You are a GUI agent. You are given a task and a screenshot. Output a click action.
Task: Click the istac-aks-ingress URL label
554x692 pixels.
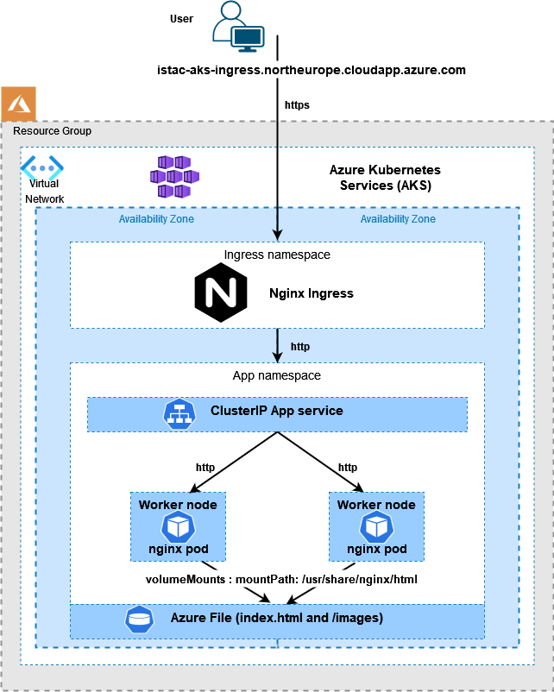312,70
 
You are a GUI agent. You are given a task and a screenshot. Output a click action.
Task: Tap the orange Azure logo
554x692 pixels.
18,104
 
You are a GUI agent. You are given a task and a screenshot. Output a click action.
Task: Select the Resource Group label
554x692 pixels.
52,131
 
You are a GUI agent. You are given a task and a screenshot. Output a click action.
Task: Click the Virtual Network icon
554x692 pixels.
42,167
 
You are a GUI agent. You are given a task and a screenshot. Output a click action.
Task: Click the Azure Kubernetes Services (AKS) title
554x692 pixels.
385,178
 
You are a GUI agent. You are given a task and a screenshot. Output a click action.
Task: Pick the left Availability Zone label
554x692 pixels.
156,219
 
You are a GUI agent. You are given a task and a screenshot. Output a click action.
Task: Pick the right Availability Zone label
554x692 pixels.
398,219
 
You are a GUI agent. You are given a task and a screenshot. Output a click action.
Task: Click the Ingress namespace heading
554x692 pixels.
277,255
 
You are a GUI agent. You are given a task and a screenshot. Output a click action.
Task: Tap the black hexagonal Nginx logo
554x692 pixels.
221,293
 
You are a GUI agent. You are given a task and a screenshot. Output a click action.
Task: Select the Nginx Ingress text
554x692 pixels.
312,293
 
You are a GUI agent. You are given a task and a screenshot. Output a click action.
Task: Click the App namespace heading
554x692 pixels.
277,376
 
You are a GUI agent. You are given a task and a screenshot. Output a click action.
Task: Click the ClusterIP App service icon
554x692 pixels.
178,412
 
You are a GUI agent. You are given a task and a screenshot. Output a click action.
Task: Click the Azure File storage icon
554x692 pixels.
139,619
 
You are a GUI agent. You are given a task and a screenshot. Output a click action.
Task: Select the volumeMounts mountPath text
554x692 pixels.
281,580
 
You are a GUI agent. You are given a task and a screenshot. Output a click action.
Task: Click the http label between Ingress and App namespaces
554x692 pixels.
300,347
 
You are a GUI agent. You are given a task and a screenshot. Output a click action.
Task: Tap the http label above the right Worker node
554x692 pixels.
348,468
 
